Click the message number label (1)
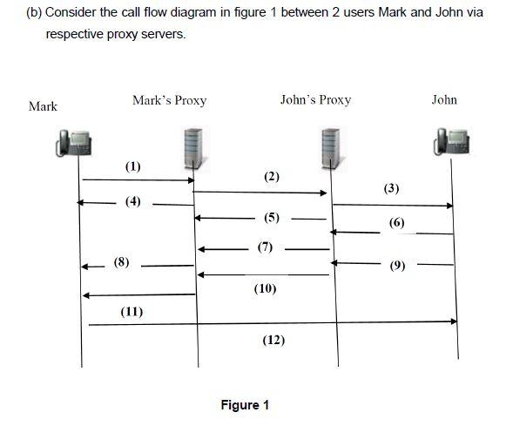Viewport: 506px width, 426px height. click(132, 166)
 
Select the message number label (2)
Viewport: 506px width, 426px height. click(272, 177)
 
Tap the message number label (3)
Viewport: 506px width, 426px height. click(392, 189)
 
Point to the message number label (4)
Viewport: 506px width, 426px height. click(132, 202)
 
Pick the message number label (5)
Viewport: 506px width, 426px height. click(272, 217)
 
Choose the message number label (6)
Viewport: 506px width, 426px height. click(397, 223)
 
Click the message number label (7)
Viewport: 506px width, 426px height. click(266, 247)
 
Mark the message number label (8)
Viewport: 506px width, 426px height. click(122, 262)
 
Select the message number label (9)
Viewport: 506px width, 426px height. click(397, 265)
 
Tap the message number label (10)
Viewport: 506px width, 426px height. click(266, 287)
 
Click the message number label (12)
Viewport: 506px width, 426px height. click(273, 340)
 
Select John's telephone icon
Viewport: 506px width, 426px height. click(453, 142)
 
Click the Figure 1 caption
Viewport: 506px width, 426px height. click(245, 405)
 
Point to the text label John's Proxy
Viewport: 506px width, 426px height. click(315, 99)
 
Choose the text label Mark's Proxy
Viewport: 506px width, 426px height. click(169, 99)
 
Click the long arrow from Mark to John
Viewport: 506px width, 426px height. click(270, 321)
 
